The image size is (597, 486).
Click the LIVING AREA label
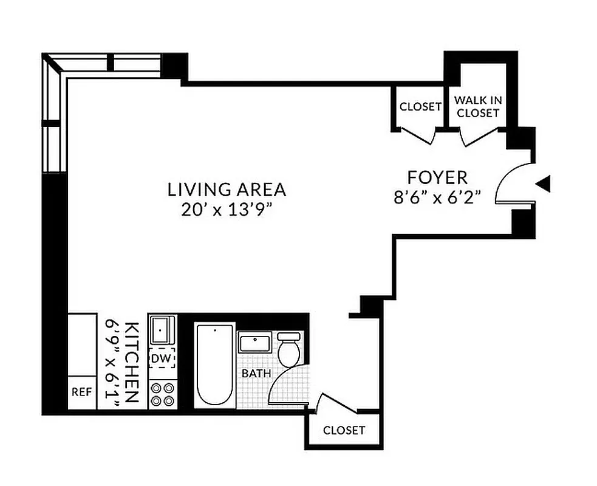227,189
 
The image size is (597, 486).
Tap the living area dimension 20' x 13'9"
227,210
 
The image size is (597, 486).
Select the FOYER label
437,177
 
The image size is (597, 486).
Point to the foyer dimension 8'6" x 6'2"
437,198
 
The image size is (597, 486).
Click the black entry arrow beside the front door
545,183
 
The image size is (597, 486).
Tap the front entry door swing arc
505,182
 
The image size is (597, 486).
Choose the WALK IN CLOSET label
478,106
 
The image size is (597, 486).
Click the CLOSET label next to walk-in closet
420,107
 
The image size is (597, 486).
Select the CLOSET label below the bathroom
344,430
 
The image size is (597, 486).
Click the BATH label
256,373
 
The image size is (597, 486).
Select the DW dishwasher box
162,358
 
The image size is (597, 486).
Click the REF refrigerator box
81,392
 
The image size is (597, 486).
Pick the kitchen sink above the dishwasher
162,330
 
